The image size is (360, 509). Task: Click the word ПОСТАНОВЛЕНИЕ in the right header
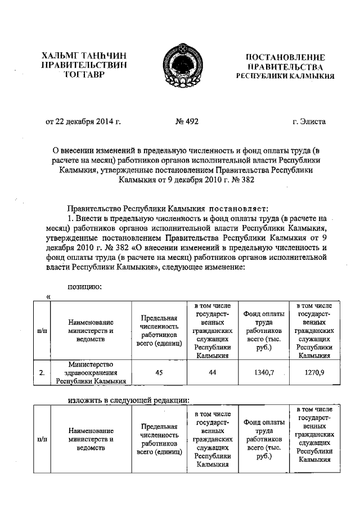coord(286,57)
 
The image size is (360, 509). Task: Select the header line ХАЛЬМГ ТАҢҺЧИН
coord(84,56)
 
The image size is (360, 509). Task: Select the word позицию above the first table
coord(84,286)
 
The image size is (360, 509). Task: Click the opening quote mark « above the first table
coord(48,296)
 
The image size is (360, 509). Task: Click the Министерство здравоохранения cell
coord(91,372)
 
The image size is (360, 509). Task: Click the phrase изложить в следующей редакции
coord(128,400)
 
